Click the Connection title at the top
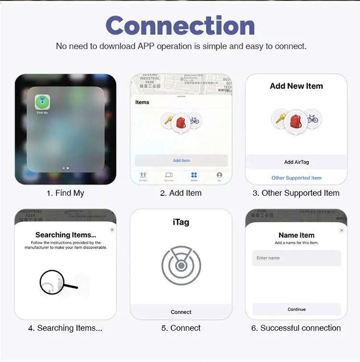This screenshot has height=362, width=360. pyautogui.click(x=180, y=25)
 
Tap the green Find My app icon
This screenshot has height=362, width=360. pyautogui.click(x=42, y=102)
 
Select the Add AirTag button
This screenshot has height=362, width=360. pyautogui.click(x=296, y=162)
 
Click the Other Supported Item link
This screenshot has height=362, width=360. pyautogui.click(x=296, y=178)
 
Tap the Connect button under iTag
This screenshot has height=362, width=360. pyautogui.click(x=181, y=312)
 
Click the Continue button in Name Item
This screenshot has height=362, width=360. pyautogui.click(x=296, y=309)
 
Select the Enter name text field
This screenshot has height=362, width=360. pyautogui.click(x=296, y=258)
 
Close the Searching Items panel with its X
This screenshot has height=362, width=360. pyautogui.click(x=112, y=230)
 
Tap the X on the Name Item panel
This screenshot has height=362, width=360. pyautogui.click(x=342, y=230)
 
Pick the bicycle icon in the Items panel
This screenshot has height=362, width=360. pyautogui.click(x=194, y=120)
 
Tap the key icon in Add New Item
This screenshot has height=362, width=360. pyautogui.click(x=279, y=119)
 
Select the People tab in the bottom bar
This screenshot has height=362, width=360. pyautogui.click(x=143, y=176)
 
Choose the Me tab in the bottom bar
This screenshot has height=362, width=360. pyautogui.click(x=219, y=176)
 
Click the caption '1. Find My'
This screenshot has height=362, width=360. pyautogui.click(x=65, y=193)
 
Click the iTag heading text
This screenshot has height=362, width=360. pyautogui.click(x=181, y=222)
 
